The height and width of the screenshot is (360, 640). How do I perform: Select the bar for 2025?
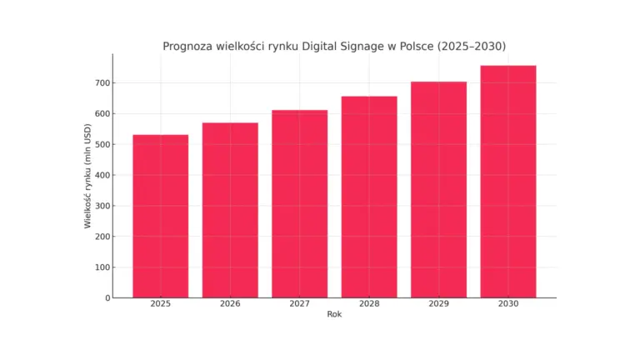coord(161,216)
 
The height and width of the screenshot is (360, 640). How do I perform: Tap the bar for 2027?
coord(300,203)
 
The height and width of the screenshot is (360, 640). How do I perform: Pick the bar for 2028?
coord(369,197)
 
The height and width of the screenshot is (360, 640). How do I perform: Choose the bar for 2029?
coord(438,189)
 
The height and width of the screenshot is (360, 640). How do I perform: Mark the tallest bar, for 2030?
coord(508,181)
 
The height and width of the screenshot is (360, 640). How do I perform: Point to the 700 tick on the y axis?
coord(100,83)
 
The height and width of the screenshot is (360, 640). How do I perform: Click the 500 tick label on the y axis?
coord(100,144)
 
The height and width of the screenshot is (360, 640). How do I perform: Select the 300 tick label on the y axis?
coord(100,206)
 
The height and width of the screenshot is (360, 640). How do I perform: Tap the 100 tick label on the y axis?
coord(100,267)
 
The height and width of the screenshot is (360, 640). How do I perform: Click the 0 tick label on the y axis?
coord(107,297)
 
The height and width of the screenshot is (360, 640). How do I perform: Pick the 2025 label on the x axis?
coord(161,304)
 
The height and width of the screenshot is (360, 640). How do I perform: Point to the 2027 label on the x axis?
coord(300,304)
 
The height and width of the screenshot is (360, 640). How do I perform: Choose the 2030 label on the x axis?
coord(508,304)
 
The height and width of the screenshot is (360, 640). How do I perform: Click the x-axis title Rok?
coord(334,315)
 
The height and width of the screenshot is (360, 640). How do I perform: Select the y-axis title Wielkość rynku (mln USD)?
coord(87,176)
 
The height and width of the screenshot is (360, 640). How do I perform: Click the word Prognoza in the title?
coord(188,46)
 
